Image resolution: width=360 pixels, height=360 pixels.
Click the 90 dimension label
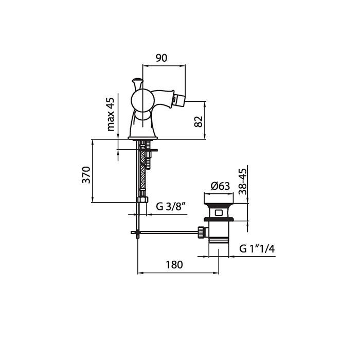tap(161, 58)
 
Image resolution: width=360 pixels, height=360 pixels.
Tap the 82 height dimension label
tap(199, 122)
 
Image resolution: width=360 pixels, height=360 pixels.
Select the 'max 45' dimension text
tap(111, 114)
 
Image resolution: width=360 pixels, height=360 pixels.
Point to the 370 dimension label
tap(86, 175)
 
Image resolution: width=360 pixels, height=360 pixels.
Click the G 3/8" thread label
tap(171, 207)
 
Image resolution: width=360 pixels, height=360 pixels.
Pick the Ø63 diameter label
tap(220, 186)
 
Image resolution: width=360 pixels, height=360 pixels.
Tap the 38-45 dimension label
tap(242, 182)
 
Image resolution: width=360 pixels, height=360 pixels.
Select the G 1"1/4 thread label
tap(257, 248)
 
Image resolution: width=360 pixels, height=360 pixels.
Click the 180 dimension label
tap(174, 265)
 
